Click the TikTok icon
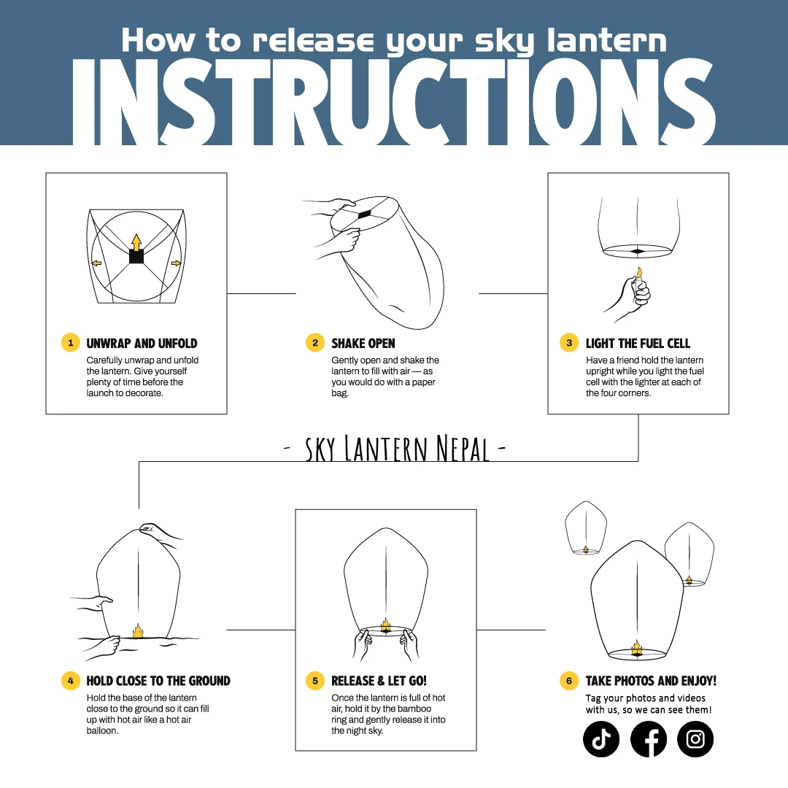point(601,739)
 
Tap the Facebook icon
point(649,739)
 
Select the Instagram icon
point(695,739)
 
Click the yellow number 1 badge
point(70,343)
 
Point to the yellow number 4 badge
point(70,681)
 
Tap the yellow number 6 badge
point(569,681)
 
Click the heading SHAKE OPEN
point(363,343)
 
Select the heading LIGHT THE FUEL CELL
point(638,343)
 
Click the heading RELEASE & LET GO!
point(379,681)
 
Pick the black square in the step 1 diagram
point(136,256)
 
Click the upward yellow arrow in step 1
point(136,242)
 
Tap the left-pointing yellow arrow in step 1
point(96,263)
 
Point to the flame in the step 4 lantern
point(138,630)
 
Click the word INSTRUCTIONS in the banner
point(393,103)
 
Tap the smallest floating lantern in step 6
point(586,528)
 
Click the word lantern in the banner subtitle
point(606,40)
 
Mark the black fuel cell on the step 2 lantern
point(364,215)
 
